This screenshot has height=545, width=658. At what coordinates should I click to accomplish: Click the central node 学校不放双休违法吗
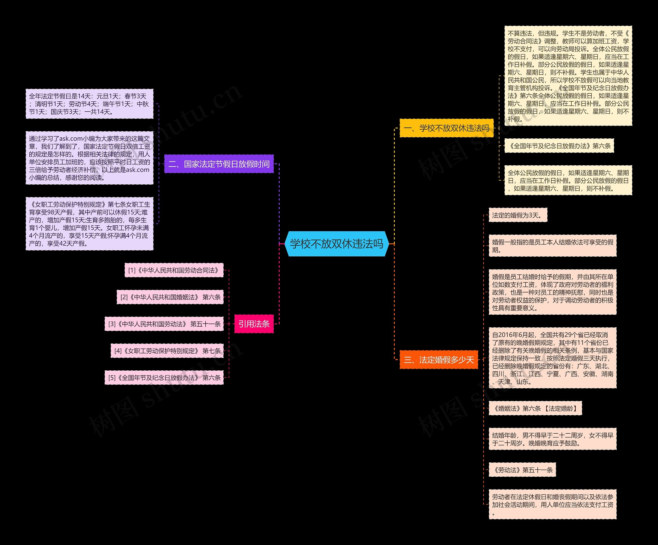[336, 244]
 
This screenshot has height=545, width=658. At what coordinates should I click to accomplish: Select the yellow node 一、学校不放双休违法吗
[446, 128]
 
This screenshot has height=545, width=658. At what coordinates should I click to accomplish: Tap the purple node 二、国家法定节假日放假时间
[219, 164]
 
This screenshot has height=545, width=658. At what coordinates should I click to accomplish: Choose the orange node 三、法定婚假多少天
[439, 359]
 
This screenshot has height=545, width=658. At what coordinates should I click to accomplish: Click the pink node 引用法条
[254, 324]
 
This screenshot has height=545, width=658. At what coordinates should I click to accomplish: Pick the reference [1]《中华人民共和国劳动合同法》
[174, 270]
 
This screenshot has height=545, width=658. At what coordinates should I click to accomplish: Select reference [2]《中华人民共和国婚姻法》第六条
[170, 297]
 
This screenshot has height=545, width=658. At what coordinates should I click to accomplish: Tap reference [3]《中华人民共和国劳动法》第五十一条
[164, 324]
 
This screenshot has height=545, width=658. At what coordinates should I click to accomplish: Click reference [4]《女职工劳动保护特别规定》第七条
[167, 351]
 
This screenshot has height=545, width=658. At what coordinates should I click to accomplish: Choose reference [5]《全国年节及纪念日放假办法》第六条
[164, 378]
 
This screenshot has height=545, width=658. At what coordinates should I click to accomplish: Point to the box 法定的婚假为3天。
[518, 215]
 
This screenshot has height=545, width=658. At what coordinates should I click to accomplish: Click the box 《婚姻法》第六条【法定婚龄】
[535, 408]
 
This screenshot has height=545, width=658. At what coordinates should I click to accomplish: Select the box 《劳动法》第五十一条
[522, 470]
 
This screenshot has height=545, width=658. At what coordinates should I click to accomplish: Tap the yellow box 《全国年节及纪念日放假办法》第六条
[559, 146]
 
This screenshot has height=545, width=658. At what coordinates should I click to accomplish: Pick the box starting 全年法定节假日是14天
[89, 104]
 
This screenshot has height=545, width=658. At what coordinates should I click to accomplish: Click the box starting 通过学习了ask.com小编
[89, 158]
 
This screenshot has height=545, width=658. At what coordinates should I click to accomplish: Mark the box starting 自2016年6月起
[552, 358]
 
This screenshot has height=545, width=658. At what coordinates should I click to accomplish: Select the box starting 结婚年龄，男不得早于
[552, 439]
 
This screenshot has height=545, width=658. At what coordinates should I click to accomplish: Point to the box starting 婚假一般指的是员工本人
[552, 246]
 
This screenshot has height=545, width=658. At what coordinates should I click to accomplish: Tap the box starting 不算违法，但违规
[568, 76]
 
